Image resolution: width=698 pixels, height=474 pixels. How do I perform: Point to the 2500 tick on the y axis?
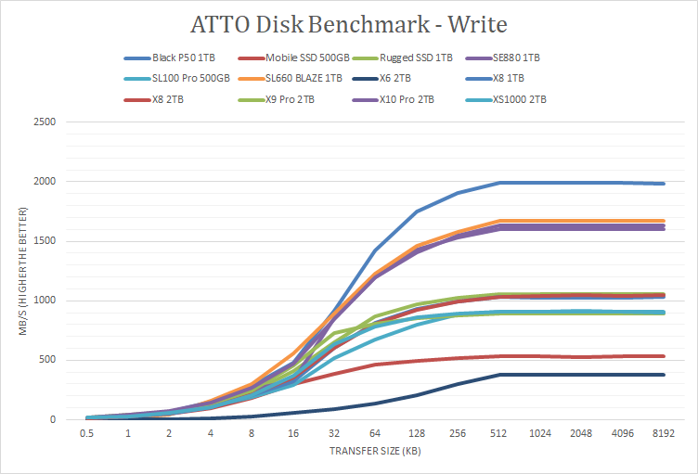coord(45,122)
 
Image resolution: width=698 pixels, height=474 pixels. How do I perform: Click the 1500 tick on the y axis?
coord(45,241)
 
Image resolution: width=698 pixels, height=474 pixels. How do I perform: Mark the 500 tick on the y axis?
coord(47,360)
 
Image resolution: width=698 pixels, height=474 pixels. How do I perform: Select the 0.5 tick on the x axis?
coord(86,432)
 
